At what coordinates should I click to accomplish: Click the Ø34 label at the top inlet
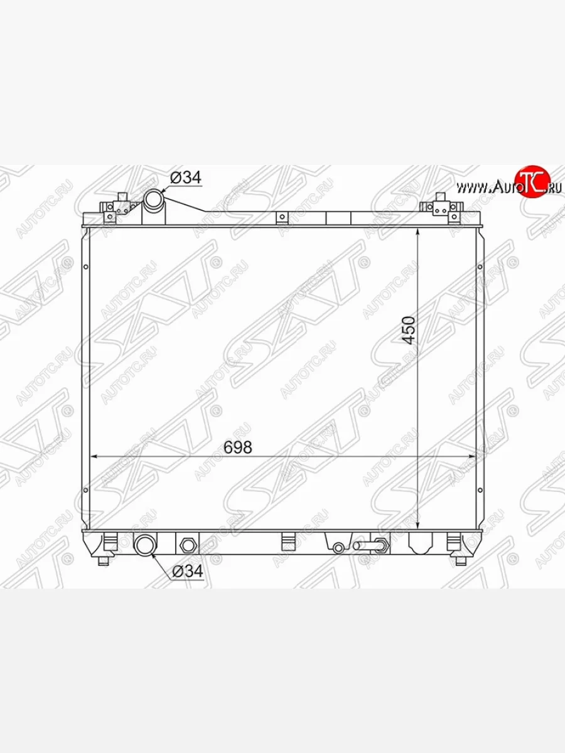186,178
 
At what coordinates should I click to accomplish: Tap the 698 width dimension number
237,447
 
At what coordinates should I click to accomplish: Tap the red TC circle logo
533,181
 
